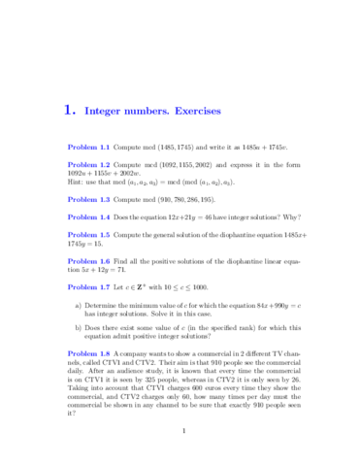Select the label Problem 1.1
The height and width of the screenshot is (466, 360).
pyautogui.click(x=90, y=147)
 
